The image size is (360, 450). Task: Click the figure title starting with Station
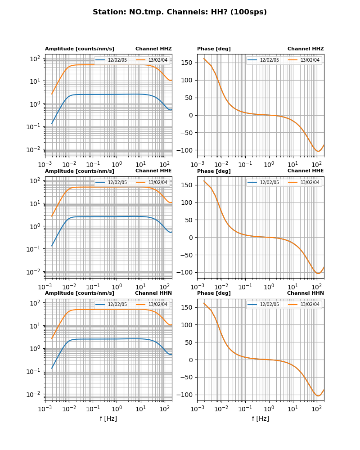(180, 12)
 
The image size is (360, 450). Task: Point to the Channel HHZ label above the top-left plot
(153, 49)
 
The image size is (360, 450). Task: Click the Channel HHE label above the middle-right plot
(306, 171)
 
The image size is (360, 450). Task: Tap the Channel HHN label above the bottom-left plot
(153, 293)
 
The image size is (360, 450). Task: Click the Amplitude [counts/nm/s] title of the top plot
(80, 49)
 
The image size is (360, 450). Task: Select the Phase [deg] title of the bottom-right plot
(214, 293)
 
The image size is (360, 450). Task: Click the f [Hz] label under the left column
(108, 418)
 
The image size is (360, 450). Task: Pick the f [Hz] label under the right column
(260, 418)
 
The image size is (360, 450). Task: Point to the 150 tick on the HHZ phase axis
(187, 63)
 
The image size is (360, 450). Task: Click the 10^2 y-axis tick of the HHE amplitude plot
(36, 180)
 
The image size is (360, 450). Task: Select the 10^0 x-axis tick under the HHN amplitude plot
(117, 409)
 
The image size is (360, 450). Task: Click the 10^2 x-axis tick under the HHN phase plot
(317, 409)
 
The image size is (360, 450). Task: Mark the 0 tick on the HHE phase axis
(192, 238)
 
